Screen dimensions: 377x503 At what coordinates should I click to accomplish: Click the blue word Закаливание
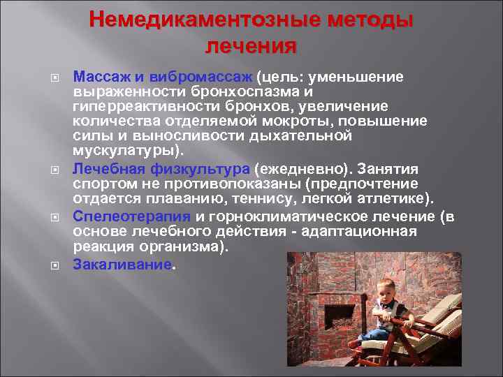(122, 265)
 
